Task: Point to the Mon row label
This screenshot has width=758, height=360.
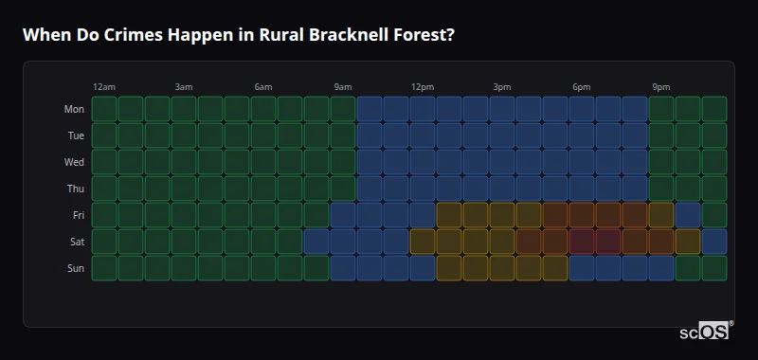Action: tap(74, 109)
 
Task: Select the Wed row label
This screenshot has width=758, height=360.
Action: tap(74, 162)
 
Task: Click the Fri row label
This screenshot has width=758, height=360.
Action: tap(78, 215)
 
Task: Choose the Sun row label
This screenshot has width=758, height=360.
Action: tap(76, 268)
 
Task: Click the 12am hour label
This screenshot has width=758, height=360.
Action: tap(104, 87)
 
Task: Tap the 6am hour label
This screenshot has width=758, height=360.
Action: tap(263, 87)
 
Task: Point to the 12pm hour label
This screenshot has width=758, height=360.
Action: tap(423, 87)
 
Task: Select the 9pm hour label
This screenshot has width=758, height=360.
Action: tap(661, 87)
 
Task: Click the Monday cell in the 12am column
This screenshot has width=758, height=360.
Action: tap(104, 109)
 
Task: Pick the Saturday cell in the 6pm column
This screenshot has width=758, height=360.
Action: tap(582, 242)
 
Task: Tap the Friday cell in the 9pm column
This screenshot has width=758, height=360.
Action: tap(661, 215)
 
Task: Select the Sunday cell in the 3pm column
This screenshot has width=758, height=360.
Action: tap(502, 268)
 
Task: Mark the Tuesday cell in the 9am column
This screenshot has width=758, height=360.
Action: tap(343, 135)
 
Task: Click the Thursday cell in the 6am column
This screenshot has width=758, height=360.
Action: tap(263, 189)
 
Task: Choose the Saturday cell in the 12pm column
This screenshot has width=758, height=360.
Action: tap(423, 242)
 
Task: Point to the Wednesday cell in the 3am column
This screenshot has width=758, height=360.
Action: tap(184, 162)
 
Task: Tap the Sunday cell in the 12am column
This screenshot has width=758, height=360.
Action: tap(104, 268)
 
